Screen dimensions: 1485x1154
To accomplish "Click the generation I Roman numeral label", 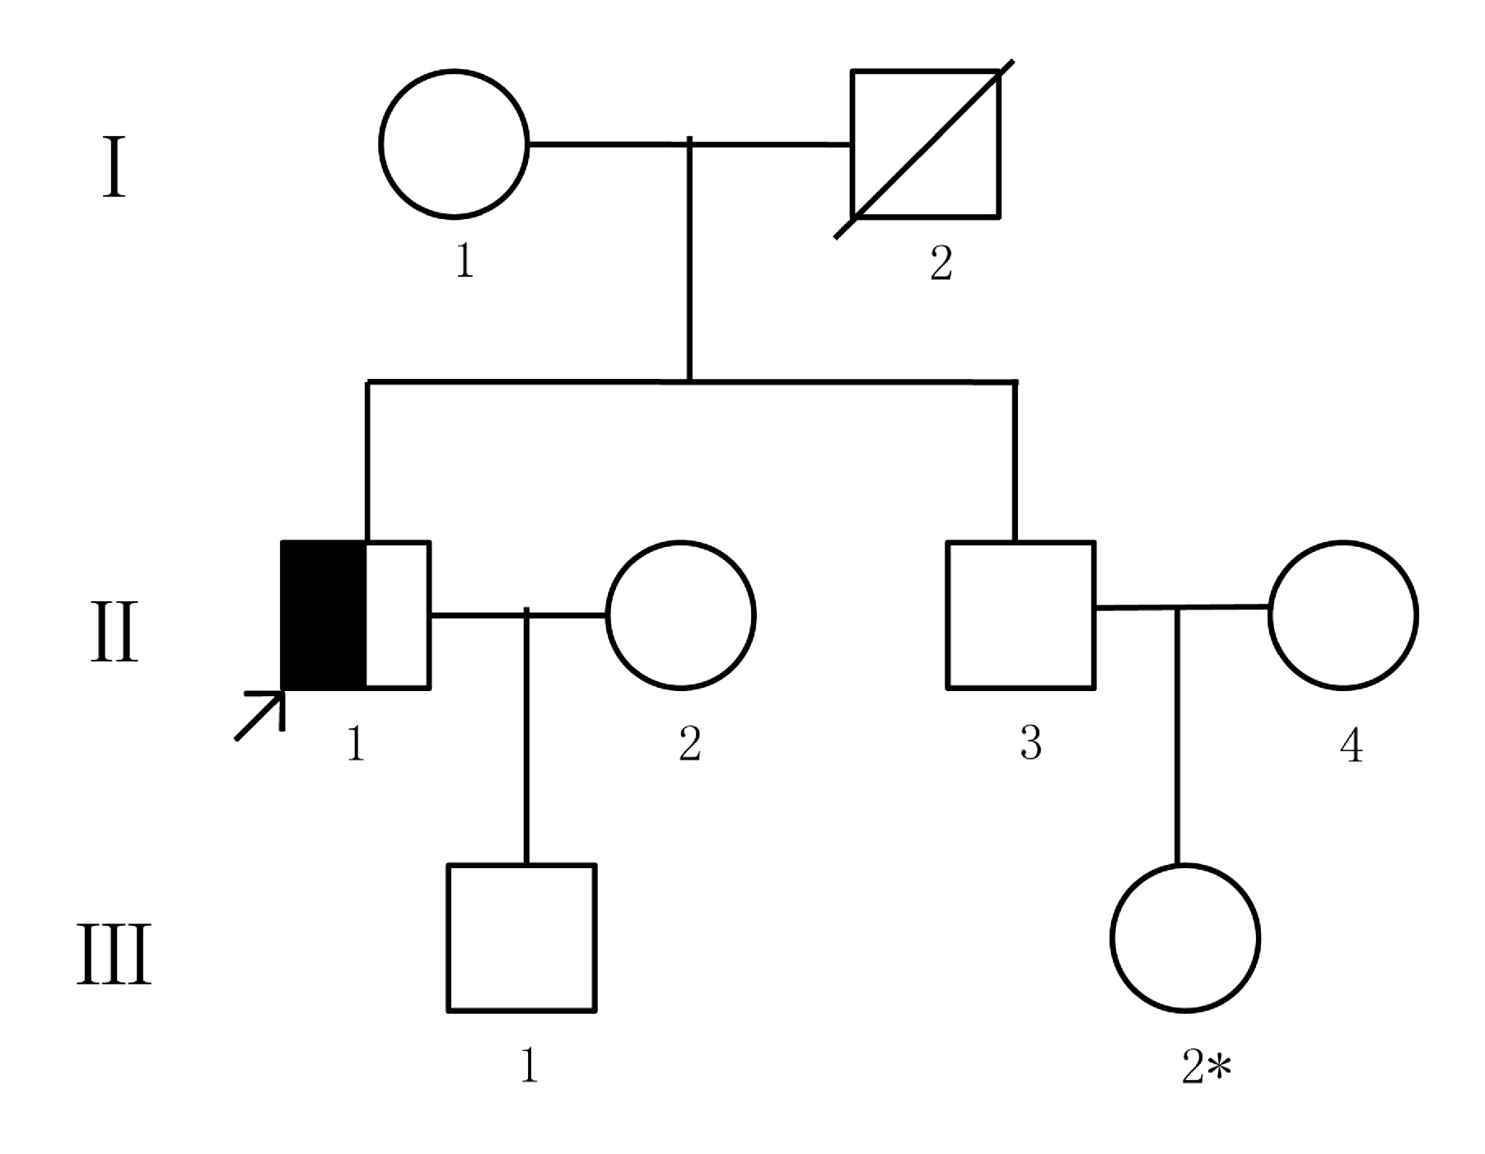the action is pos(114,168).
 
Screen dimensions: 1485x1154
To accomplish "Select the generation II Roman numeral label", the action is pos(114,632).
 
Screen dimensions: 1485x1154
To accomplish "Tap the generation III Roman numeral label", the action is pos(114,955).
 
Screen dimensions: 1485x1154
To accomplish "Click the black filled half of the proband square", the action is pos(324,614).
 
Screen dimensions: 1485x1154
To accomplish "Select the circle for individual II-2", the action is pos(680,543).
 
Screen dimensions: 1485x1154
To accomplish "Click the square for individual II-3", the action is pos(1020,543).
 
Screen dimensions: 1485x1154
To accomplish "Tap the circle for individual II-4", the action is pos(1343,543).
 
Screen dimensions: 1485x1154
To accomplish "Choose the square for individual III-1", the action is pos(521,866).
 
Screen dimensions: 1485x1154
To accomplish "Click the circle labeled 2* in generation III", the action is pos(1185,866).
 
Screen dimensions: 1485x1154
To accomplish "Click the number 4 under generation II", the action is pos(1352,745).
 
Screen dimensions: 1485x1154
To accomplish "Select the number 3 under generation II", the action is pos(1030,743).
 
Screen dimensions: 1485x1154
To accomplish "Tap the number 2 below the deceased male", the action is pos(941,263).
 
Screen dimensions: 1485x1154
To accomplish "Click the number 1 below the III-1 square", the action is pos(530,1065).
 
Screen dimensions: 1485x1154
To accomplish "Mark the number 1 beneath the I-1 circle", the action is pos(465,261).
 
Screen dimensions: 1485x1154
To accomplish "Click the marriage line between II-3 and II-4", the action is pos(1182,608).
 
